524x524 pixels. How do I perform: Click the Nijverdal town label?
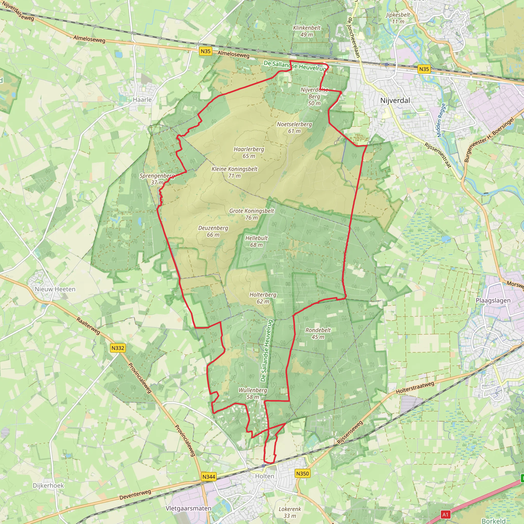coord(395,101)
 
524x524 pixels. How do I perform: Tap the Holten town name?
coord(265,476)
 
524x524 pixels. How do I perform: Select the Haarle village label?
coord(142,100)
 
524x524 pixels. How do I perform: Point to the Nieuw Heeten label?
coord(55,289)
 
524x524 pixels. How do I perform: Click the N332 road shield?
coord(118,348)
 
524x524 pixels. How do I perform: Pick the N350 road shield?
coord(302,474)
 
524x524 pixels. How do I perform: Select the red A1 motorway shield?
coord(445,514)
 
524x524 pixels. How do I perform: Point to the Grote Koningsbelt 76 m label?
coord(252,214)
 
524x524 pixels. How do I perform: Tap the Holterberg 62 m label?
coord(263,298)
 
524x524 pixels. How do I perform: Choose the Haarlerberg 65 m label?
coord(249,152)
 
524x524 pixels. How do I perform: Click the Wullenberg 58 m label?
coord(253,394)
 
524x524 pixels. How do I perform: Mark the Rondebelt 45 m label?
coord(318,334)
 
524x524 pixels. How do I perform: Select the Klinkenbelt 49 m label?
coord(307,31)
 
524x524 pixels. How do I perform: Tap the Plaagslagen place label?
coord(493,301)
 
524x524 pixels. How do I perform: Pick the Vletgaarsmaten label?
coord(188,508)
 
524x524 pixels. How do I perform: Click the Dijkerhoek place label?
coord(48,485)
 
